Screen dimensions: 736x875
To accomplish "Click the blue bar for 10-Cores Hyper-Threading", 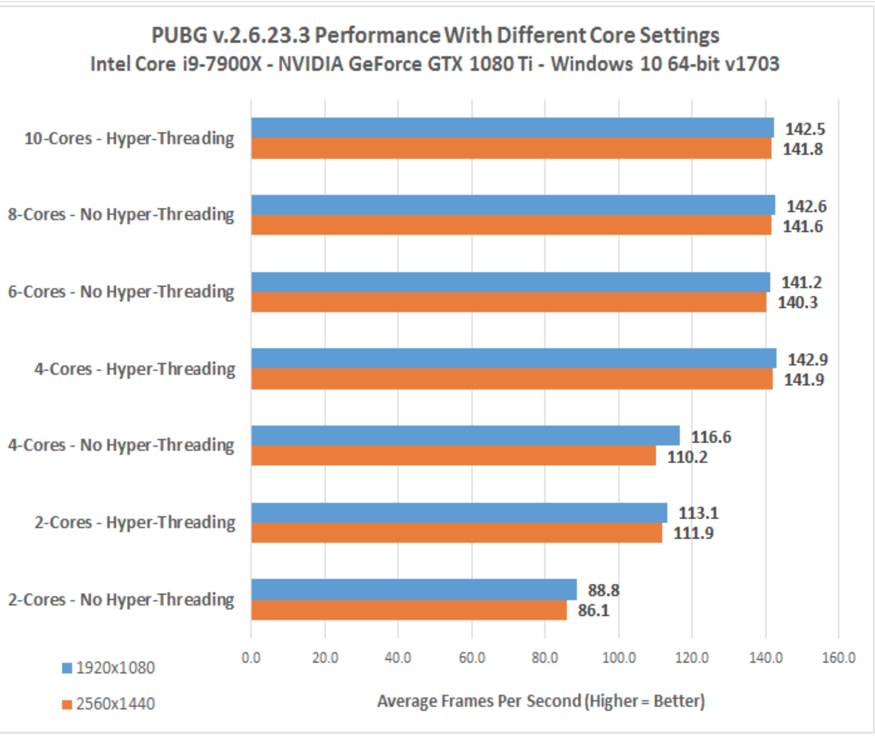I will (x=512, y=128).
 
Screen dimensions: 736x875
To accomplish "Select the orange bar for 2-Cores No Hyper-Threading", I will (x=409, y=610).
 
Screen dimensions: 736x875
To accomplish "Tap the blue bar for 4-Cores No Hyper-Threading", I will (x=465, y=435).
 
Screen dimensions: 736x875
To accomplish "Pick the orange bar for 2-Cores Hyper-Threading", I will (x=457, y=533).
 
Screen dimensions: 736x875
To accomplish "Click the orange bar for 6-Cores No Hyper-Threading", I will (x=508, y=302).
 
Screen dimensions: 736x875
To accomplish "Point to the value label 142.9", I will (x=808, y=359).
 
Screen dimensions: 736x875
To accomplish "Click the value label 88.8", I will (x=603, y=590).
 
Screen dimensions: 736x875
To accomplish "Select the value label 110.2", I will (x=687, y=457).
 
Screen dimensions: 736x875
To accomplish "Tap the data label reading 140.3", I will (x=797, y=302).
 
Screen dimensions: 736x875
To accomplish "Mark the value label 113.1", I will (x=698, y=513).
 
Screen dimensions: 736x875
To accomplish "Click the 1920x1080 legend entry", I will (x=109, y=668).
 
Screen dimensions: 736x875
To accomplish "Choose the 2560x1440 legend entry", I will (x=109, y=704).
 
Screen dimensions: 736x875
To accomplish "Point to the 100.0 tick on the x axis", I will (x=619, y=657).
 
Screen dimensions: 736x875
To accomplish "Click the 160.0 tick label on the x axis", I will (x=838, y=657).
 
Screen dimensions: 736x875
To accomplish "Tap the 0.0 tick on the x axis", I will (x=251, y=657).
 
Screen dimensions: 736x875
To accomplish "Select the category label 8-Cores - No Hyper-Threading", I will (x=121, y=215).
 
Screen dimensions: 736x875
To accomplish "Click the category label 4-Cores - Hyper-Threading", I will (x=134, y=369).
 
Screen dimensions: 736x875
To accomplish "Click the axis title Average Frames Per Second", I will (x=540, y=701).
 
